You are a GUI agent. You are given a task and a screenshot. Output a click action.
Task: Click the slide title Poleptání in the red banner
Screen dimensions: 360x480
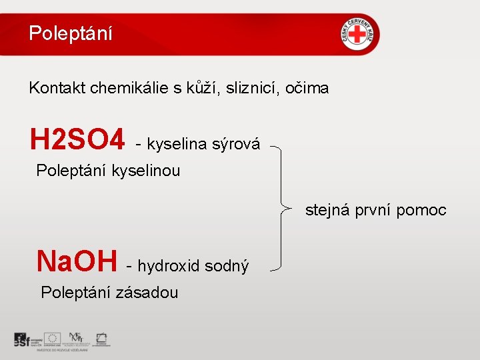click(x=71, y=33)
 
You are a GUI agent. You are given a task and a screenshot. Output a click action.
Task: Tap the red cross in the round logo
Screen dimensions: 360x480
click(x=361, y=34)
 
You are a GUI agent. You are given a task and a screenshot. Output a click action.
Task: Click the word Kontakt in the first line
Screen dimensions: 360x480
click(x=56, y=87)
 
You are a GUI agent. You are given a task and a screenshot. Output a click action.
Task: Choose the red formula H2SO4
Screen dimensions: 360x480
click(x=77, y=141)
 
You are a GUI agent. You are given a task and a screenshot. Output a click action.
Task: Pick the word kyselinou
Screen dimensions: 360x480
click(x=146, y=171)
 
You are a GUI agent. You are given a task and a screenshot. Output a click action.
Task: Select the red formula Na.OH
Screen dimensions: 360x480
click(x=77, y=261)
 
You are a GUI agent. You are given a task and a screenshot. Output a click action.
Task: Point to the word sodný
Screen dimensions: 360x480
click(x=226, y=266)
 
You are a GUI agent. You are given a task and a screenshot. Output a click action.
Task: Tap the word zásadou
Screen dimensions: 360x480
click(x=147, y=292)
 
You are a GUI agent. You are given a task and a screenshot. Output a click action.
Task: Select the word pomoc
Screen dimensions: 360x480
click(x=421, y=211)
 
